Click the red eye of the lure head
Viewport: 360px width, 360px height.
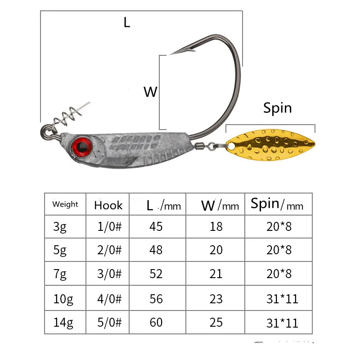tap(82, 145)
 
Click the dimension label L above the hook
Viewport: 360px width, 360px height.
tap(127, 22)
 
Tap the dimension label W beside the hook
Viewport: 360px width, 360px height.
tap(150, 92)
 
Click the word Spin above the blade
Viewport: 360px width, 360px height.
tap(277, 108)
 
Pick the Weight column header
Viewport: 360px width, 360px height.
tap(65, 204)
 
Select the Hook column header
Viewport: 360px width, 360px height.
tap(108, 206)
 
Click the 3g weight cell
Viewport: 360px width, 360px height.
tap(60, 226)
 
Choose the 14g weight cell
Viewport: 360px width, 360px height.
tap(62, 323)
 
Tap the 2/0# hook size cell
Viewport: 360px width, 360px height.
tap(110, 250)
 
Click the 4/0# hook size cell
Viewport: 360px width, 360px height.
tap(110, 298)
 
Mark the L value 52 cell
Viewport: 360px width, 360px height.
tap(156, 274)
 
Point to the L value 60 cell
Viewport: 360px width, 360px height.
tap(156, 323)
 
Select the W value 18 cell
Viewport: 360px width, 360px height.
tap(216, 226)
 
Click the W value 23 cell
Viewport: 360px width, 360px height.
tap(216, 298)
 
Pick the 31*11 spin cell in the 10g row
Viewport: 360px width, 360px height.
tap(282, 298)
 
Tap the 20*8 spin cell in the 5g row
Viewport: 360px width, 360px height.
tap(279, 250)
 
